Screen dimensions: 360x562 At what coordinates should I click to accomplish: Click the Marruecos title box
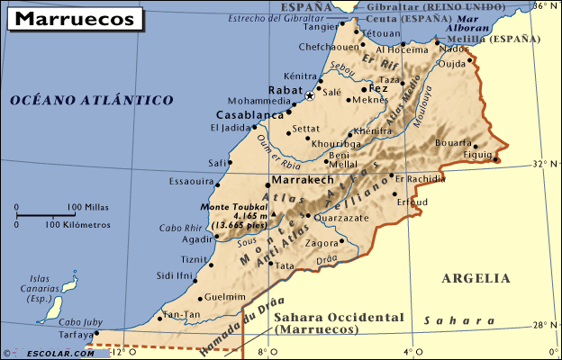[x=75, y=18]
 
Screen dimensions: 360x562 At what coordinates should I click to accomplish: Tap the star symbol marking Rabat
[x=310, y=95]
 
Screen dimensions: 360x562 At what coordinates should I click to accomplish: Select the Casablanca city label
[x=250, y=115]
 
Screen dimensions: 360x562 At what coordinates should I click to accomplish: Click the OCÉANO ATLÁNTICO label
[x=92, y=101]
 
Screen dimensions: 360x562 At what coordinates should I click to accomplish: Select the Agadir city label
[x=196, y=239]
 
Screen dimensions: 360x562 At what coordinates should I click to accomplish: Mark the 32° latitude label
[x=539, y=164]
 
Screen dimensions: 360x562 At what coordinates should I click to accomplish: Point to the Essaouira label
[x=191, y=181]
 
